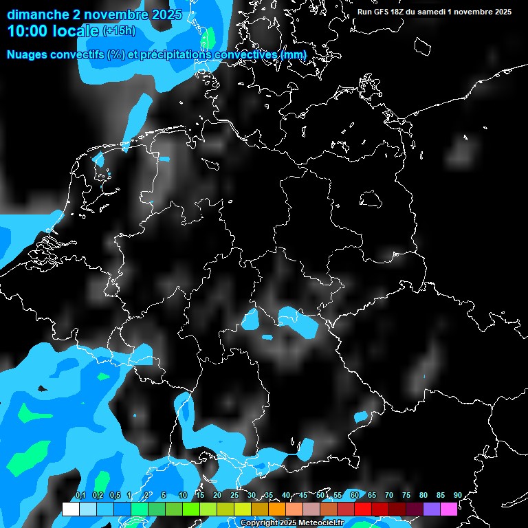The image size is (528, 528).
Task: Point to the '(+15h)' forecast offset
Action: [x=120, y=31]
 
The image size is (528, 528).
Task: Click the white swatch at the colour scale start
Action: [x=70, y=509]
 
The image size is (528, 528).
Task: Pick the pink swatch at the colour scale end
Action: [x=448, y=509]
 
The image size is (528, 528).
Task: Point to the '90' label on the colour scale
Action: [x=458, y=495]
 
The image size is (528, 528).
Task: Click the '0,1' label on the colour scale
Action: [x=80, y=495]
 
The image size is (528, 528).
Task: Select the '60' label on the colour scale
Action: [x=355, y=495]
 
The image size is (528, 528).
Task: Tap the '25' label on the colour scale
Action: [x=234, y=495]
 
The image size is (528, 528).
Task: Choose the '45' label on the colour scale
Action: [x=303, y=495]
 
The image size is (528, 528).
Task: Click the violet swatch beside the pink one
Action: [x=431, y=509]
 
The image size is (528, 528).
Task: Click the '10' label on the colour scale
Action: [x=183, y=495]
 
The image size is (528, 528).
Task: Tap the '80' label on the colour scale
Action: [x=423, y=495]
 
